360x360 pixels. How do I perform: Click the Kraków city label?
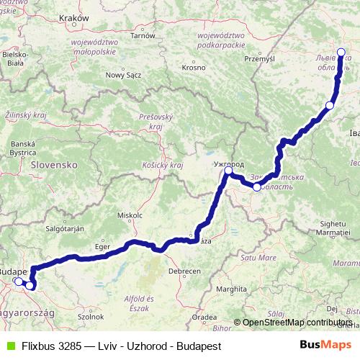[75, 17]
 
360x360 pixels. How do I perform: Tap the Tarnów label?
[143, 35]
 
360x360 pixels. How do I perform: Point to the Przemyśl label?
[260, 58]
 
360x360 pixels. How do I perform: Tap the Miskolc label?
[130, 215]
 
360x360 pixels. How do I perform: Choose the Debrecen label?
[184, 272]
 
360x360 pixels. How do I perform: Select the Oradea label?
[205, 316]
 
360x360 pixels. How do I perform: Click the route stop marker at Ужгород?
[228, 171]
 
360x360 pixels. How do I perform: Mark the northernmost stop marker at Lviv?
[341, 51]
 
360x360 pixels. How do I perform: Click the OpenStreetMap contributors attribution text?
[297, 322]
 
